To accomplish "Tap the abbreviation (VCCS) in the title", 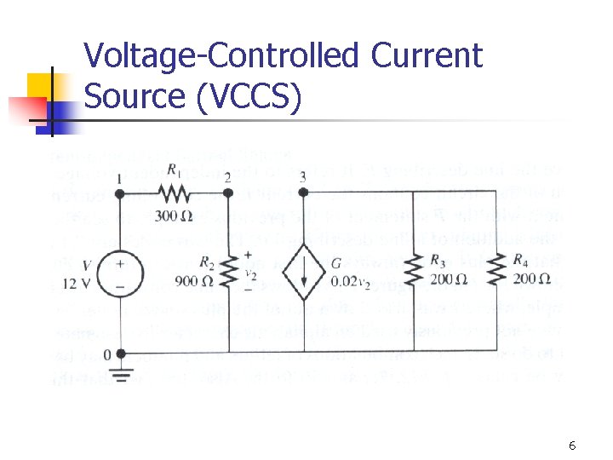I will tap(248, 96).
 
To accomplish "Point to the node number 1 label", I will tap(118, 177).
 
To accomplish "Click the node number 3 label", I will tap(303, 176).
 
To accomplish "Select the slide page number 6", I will tap(572, 446).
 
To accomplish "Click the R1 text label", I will tap(175, 170).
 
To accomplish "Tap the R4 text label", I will tap(519, 261).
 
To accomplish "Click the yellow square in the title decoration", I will tap(43, 86).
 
